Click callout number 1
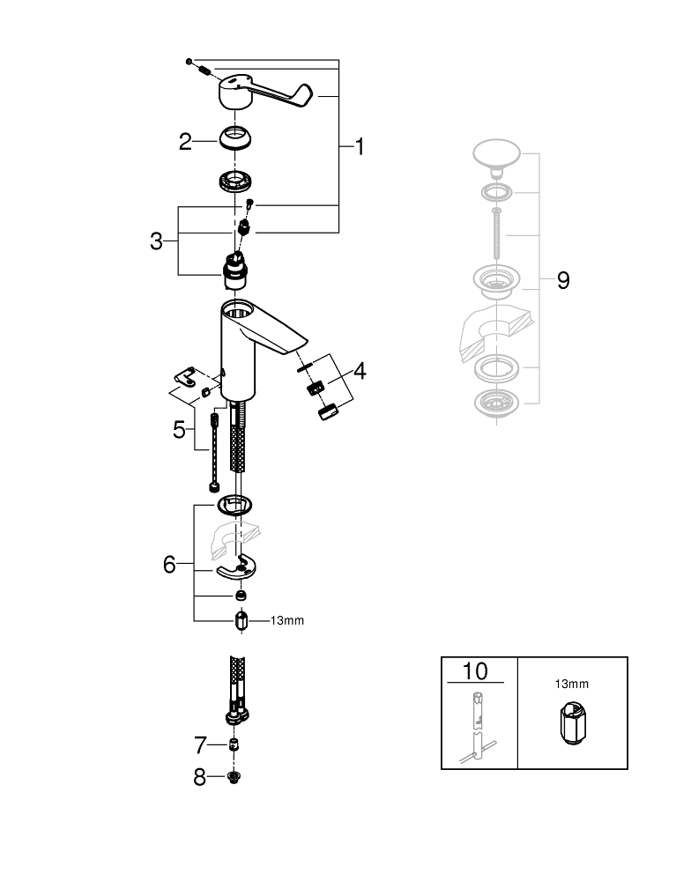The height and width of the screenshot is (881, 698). (x=360, y=146)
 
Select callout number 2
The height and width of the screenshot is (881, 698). (x=185, y=141)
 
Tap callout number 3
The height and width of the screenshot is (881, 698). (x=156, y=241)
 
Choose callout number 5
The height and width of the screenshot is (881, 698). (x=180, y=430)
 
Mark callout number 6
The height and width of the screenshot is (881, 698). (x=170, y=565)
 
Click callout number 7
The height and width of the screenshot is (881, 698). (x=199, y=746)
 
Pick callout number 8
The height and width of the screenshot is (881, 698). (x=199, y=777)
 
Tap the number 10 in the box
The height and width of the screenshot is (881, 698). (x=475, y=671)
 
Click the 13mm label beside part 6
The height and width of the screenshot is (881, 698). (x=286, y=621)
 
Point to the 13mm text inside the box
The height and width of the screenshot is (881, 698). (x=572, y=684)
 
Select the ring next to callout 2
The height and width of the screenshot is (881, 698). (x=236, y=139)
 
